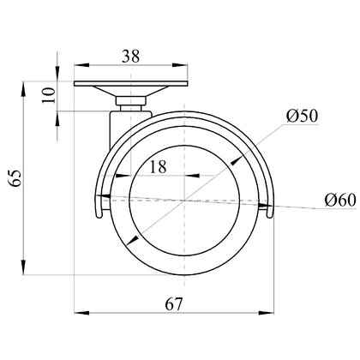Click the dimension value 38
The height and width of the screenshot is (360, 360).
coord(130,56)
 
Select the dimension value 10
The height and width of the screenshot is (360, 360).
coord(49,95)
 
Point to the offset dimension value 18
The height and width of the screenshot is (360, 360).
coord(158,166)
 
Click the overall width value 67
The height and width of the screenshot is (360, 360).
coord(173,304)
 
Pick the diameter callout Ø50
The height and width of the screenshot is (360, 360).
coord(302,116)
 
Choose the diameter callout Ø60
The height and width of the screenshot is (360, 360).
coord(340,200)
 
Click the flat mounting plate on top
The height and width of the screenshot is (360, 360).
coord(131,84)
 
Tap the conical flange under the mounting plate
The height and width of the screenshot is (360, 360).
coord(131,92)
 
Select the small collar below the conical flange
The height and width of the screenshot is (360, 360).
coord(131,101)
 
